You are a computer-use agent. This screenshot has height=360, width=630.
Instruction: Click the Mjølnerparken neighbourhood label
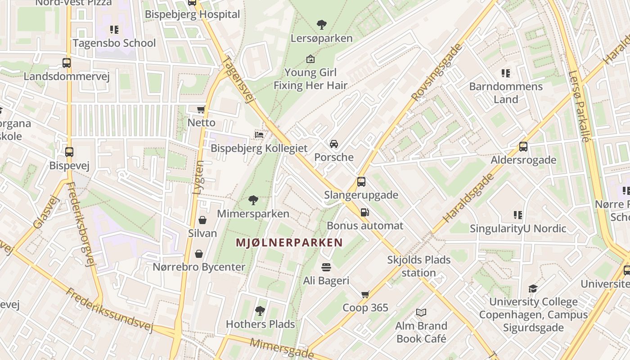[x=289, y=243]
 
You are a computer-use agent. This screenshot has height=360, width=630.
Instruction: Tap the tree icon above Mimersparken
[x=253, y=200]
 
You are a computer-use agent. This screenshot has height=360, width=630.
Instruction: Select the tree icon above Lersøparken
[x=321, y=24]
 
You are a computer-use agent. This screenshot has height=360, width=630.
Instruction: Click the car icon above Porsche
[x=334, y=144]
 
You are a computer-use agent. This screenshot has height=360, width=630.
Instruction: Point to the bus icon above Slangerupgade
[x=361, y=182]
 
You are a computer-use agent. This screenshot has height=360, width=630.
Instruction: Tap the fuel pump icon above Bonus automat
[x=365, y=212]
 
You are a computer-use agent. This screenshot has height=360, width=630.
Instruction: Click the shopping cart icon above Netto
[x=201, y=109]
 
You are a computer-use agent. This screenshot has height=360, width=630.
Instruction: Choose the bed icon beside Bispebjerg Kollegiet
[x=259, y=135]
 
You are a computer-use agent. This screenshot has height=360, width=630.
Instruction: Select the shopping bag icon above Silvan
[x=202, y=220]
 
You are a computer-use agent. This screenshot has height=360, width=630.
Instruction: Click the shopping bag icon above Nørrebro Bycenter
[x=199, y=254]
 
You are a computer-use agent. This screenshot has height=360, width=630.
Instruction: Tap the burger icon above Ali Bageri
[x=326, y=267]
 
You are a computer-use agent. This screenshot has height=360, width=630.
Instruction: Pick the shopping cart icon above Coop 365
[x=365, y=294]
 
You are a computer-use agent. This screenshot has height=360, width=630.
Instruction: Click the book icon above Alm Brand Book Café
[x=421, y=312]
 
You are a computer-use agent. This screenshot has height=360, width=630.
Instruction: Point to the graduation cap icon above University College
[x=533, y=288]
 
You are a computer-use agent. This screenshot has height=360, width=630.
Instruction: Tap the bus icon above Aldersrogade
[x=523, y=147]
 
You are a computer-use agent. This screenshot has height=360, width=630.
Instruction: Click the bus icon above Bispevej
[x=69, y=152]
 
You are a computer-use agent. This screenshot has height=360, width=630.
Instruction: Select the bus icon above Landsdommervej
[x=67, y=63]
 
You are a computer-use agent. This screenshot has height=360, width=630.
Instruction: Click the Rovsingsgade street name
[x=436, y=72]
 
